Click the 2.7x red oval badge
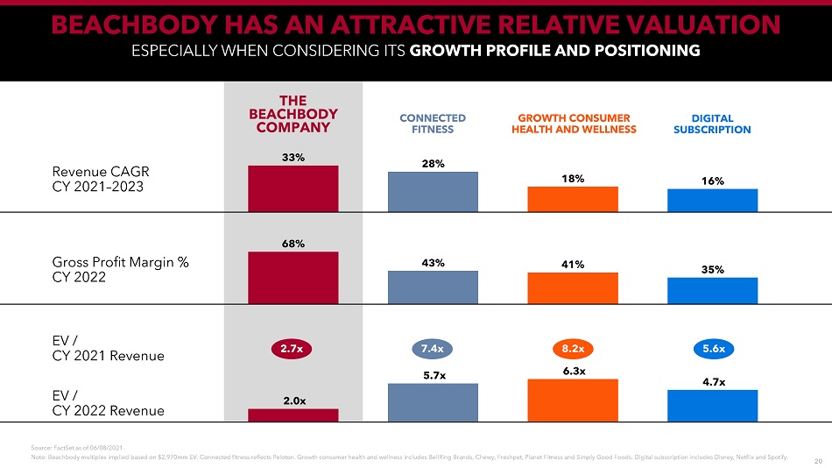pos(293,349)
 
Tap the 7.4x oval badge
pos(433,349)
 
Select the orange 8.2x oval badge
pos(573,349)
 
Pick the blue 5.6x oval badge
pos(712,349)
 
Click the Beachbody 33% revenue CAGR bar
pos(293,188)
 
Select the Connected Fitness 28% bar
pos(433,191)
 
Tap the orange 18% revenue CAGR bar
pos(573,199)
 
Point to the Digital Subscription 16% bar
pos(712,200)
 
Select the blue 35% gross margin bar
pos(712,290)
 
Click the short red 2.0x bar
pos(293,415)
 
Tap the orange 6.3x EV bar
pos(573,400)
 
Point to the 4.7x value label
pos(712,381)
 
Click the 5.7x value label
pos(433,375)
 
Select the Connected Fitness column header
pos(433,124)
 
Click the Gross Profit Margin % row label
pos(122,271)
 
